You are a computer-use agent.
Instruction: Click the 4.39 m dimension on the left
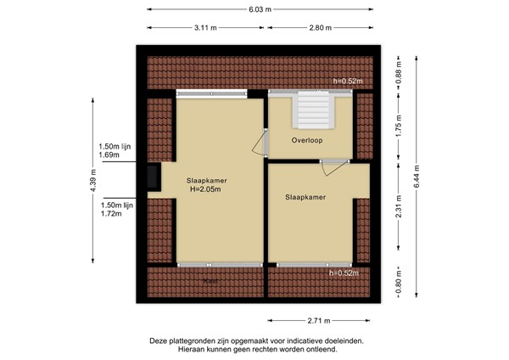(x=93, y=180)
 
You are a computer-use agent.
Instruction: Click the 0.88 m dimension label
(x=399, y=72)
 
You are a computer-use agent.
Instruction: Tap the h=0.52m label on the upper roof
(x=347, y=82)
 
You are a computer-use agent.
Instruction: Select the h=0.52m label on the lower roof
(x=344, y=273)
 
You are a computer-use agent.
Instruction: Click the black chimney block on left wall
(x=152, y=176)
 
